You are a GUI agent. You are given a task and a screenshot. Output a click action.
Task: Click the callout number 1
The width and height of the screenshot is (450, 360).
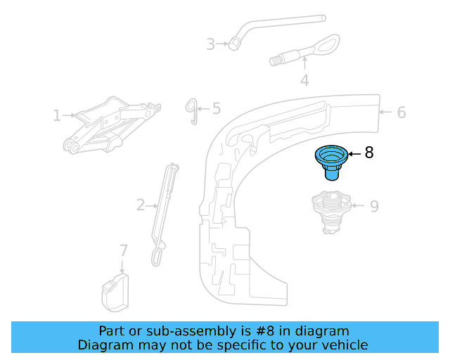click(56, 115)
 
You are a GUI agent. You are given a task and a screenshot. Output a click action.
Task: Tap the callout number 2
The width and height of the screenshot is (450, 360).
click(141, 205)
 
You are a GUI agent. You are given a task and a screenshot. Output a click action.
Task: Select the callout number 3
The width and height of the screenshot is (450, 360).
click(210, 44)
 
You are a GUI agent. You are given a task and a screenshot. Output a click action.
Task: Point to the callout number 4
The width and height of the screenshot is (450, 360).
click(304, 81)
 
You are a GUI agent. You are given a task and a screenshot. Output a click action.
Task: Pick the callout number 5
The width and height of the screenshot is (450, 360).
click(216, 108)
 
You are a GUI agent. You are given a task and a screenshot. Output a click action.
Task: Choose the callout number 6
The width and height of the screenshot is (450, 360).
click(401, 112)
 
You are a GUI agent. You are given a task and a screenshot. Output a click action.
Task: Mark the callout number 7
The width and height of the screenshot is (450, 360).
click(124, 250)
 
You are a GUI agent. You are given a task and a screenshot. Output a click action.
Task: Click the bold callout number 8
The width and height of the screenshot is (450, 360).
click(370, 152)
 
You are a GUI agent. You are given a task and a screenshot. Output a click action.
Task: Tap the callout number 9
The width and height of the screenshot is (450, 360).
click(374, 206)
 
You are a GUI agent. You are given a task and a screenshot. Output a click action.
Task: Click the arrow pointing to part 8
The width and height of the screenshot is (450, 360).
click(354, 153)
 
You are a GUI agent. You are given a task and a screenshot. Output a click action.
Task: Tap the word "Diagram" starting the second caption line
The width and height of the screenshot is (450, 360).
click(105, 345)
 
